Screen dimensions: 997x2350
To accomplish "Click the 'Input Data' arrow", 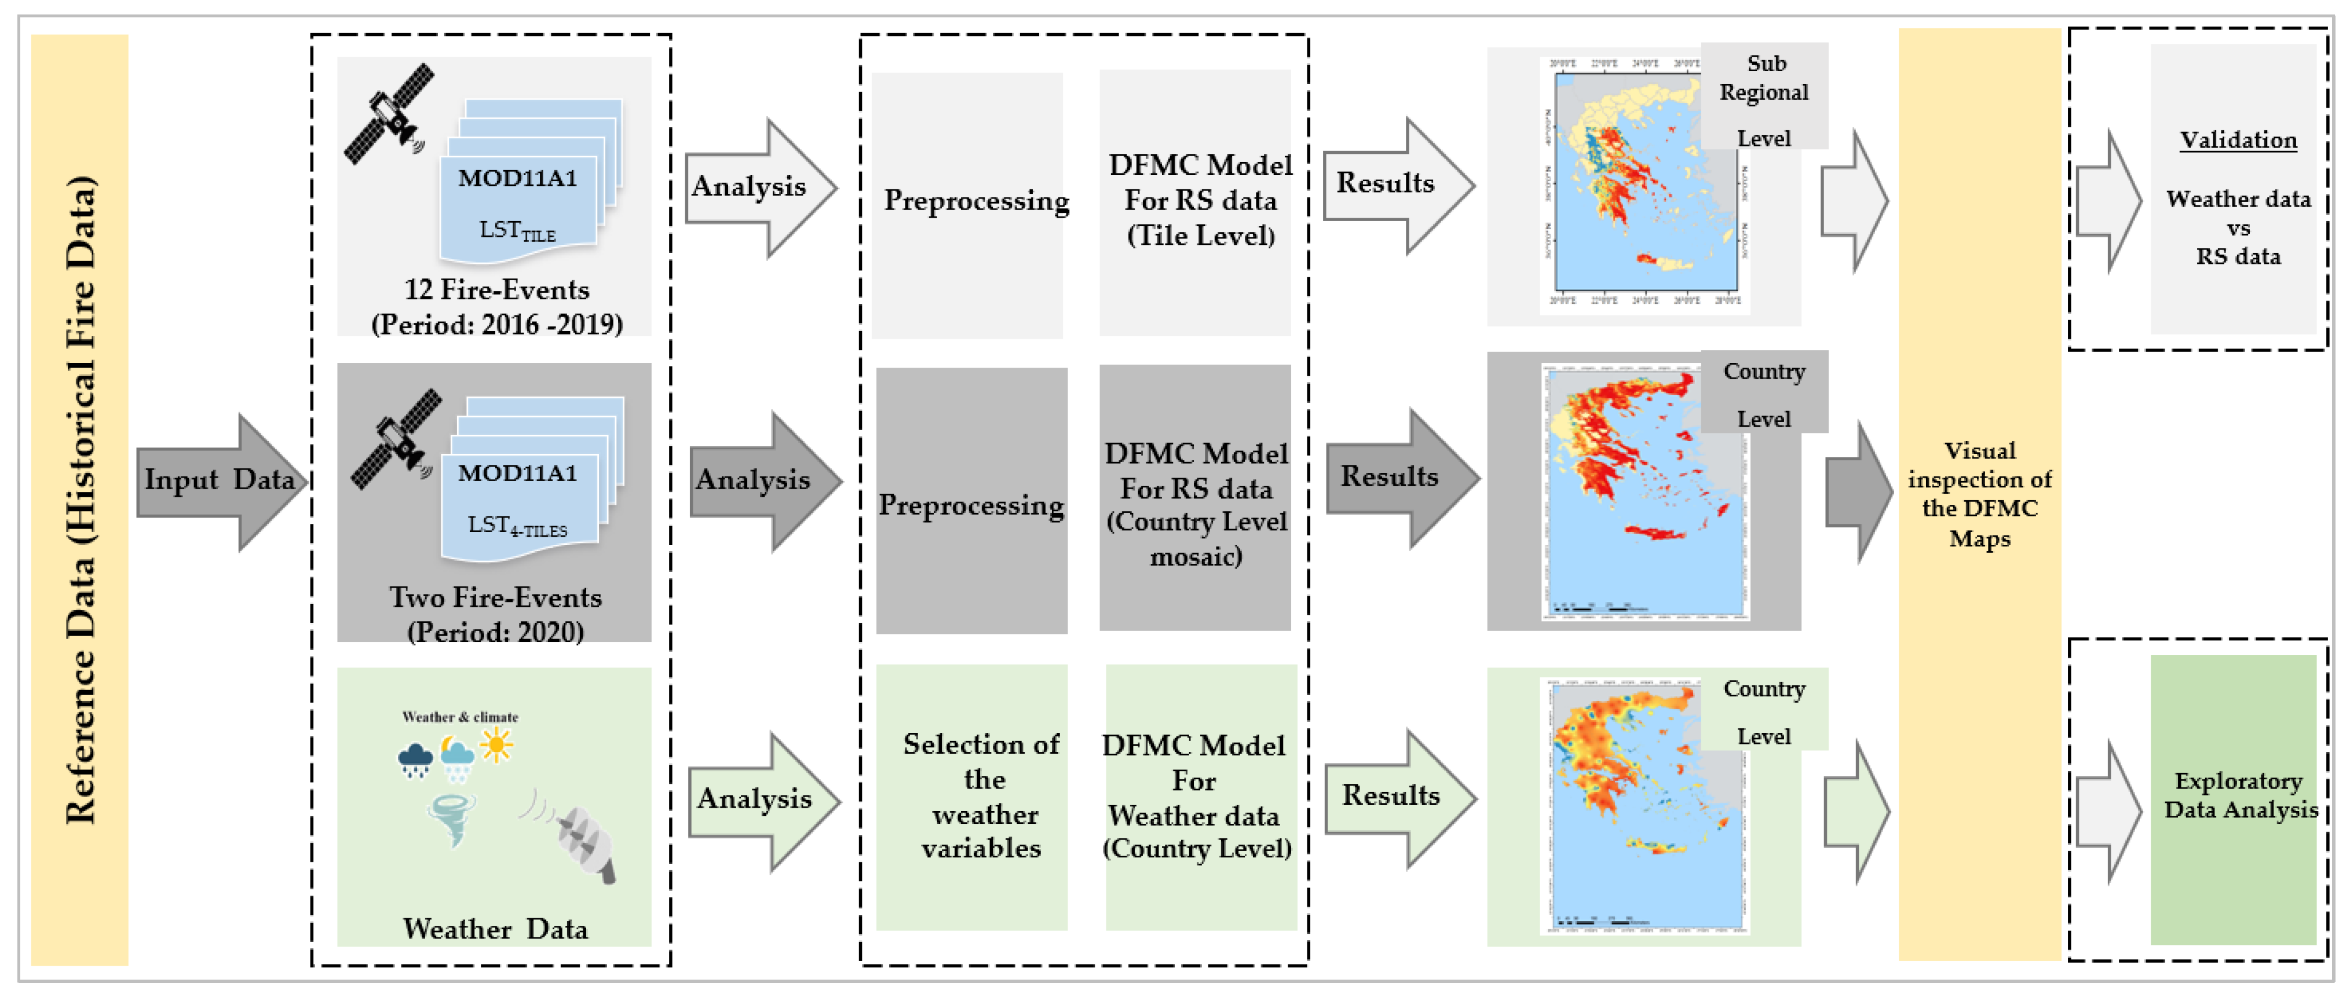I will pyautogui.click(x=219, y=481).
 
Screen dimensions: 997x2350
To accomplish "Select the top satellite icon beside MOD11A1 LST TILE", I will pyautogui.click(x=389, y=114).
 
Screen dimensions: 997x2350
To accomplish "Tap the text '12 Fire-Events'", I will pyautogui.click(x=496, y=290).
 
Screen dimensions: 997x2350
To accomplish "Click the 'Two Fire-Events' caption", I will pyautogui.click(x=495, y=598).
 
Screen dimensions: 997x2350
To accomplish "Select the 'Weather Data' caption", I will pyautogui.click(x=495, y=929).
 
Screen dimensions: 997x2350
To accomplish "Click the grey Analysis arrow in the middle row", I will pyautogui.click(x=762, y=481).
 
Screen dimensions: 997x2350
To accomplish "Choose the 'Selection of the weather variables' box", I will pyautogui.click(x=973, y=796).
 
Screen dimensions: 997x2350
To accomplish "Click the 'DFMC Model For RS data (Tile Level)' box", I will pyautogui.click(x=1196, y=201).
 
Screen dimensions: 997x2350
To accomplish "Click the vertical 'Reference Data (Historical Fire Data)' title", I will pyautogui.click(x=81, y=499).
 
